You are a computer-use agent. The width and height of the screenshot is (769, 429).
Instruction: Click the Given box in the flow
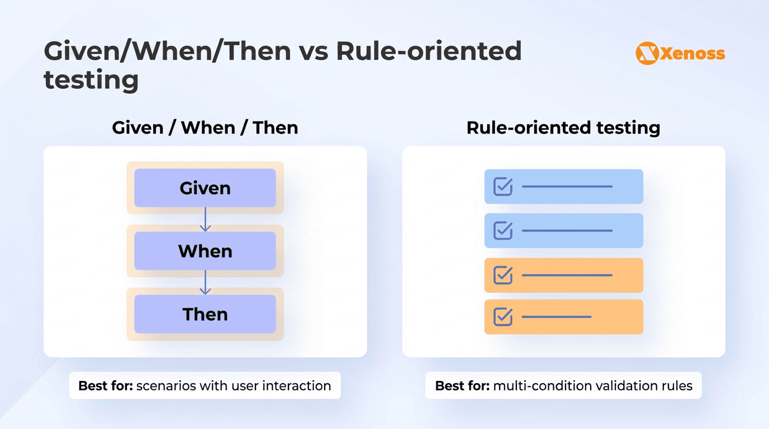(205, 188)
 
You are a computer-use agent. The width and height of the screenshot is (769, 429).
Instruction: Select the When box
(205, 251)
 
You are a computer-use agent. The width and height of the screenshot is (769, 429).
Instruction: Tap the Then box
(205, 314)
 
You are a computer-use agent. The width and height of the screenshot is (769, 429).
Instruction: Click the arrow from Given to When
(205, 220)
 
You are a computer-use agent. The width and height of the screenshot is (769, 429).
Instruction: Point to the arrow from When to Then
(205, 283)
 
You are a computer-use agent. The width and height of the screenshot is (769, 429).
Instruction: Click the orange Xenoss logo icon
(647, 54)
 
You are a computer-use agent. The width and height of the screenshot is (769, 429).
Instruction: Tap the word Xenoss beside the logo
(692, 54)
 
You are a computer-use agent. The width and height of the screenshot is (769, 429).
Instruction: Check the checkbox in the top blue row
(503, 187)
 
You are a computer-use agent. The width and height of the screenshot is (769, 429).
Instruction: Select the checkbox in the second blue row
(503, 230)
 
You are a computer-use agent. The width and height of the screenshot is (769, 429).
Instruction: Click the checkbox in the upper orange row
(503, 275)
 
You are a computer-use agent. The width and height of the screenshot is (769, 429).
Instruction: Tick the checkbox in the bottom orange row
(503, 317)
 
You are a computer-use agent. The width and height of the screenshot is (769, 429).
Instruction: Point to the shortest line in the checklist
(556, 317)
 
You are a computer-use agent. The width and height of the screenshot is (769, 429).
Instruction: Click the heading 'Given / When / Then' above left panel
(205, 127)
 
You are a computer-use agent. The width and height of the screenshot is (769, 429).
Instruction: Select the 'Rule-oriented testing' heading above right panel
(563, 127)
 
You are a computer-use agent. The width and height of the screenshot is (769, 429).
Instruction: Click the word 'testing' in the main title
(91, 79)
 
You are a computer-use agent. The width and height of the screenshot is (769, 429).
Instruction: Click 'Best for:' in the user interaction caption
(106, 385)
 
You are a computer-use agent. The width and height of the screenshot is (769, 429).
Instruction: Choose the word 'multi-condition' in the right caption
(535, 385)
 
